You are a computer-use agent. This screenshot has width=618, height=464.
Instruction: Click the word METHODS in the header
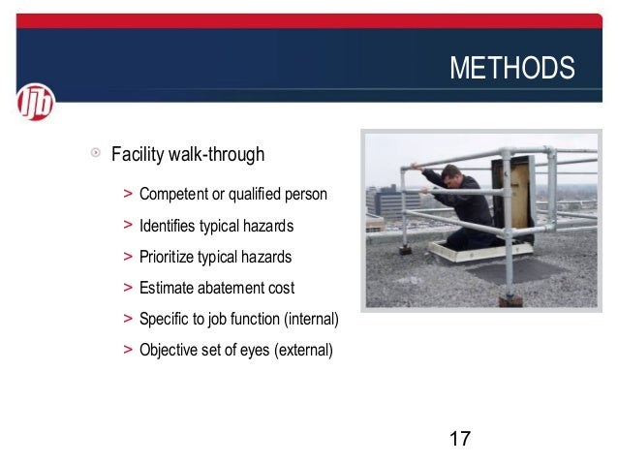511,70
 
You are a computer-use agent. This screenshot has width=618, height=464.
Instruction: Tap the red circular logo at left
36,102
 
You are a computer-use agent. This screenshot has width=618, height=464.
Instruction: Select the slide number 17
460,439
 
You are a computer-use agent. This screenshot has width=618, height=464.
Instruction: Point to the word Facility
138,154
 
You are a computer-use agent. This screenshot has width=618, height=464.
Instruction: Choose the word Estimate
168,288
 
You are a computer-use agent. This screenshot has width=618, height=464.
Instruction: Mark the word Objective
170,350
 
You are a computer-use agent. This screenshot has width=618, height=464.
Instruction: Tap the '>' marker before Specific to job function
128,319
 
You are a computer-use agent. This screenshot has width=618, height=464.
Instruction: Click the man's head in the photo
451,175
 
